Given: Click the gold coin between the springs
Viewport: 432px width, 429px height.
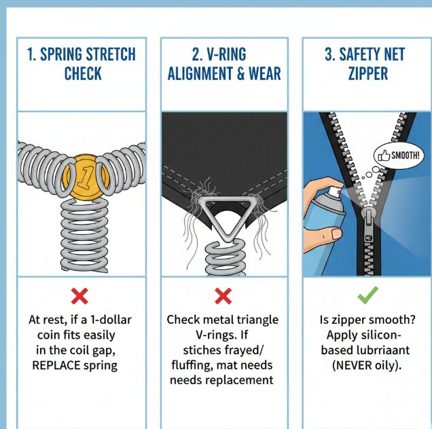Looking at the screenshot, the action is [x=86, y=176].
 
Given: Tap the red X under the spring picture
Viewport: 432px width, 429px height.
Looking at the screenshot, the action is [x=79, y=296].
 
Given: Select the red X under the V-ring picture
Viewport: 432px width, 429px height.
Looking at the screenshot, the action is [x=223, y=296].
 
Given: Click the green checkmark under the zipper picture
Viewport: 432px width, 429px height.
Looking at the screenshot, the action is [x=367, y=295].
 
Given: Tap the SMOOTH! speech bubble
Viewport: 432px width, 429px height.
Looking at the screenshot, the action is [x=399, y=155].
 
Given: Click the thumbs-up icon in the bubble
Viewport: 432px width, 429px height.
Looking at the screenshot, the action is [x=384, y=155].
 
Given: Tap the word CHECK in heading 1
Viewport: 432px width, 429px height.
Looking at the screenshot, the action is [x=83, y=73].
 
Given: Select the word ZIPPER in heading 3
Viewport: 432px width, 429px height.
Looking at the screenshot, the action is [x=367, y=73].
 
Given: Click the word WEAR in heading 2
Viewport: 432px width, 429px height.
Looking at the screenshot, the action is [x=265, y=73].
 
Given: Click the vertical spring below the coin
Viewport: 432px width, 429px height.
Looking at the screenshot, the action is [x=84, y=236].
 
